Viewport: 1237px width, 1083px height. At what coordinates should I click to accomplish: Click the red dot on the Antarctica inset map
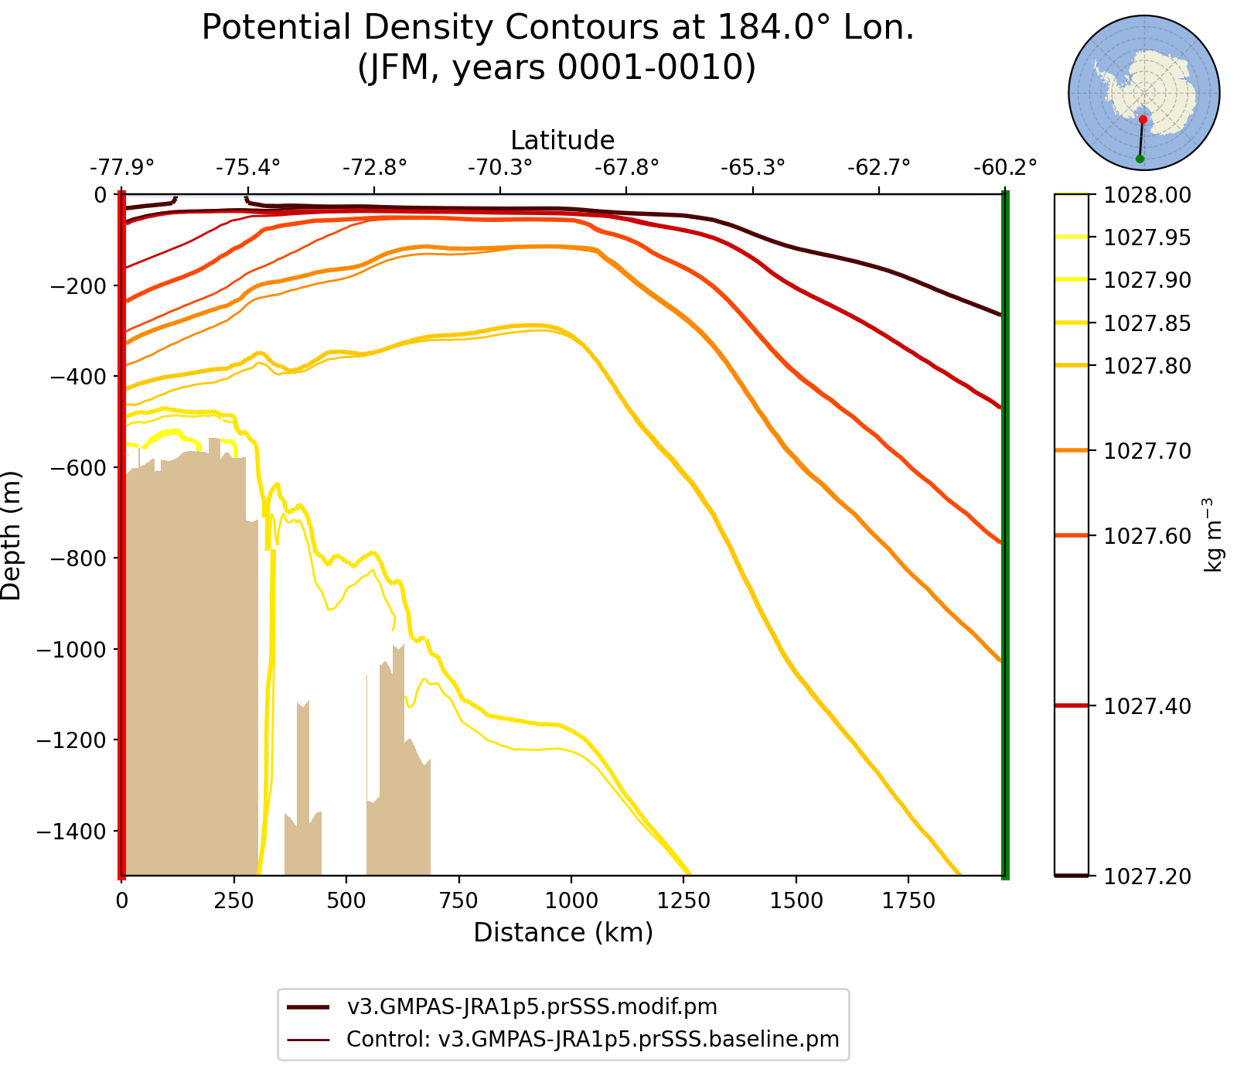click(1143, 119)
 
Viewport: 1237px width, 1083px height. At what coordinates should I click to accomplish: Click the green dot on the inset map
click(1140, 159)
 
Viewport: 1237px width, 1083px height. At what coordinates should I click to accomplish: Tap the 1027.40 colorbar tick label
click(1147, 706)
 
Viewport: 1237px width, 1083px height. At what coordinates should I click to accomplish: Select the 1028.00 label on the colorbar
click(1147, 195)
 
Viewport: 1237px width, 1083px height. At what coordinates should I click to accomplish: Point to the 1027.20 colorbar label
click(1147, 876)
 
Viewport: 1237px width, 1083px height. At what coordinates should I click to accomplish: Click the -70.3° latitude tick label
click(500, 168)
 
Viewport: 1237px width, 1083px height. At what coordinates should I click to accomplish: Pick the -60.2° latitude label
click(1004, 168)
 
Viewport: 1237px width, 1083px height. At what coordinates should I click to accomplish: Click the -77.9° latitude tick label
click(122, 168)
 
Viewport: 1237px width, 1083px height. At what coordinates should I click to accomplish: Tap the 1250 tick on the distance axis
click(683, 901)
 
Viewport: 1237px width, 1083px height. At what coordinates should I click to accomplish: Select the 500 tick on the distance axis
click(346, 901)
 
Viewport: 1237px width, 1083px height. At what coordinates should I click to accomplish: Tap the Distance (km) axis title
click(563, 933)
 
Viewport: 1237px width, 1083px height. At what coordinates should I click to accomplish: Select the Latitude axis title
click(563, 140)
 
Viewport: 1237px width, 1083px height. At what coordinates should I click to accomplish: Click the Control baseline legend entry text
click(592, 1039)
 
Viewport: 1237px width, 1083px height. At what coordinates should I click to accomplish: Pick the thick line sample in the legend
click(308, 1007)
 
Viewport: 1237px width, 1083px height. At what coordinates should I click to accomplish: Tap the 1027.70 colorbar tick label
click(1147, 451)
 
